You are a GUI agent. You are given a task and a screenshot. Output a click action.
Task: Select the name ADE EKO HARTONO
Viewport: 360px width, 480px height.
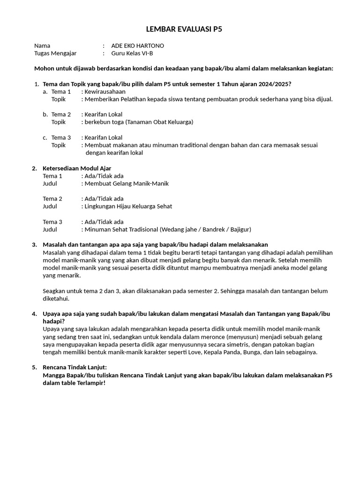137,46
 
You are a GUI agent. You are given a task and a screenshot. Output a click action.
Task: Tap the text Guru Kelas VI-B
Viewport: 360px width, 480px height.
133,53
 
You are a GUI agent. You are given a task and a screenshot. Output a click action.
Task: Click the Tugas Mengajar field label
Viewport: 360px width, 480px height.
55,53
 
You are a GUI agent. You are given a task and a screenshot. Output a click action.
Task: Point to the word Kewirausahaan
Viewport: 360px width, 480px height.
105,92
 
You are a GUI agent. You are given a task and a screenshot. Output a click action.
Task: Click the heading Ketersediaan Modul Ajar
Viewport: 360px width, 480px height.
77,168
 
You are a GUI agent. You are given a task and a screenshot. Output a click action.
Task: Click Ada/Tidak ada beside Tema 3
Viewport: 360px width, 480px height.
104,222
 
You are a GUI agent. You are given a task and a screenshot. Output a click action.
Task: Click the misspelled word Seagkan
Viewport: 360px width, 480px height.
55,291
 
